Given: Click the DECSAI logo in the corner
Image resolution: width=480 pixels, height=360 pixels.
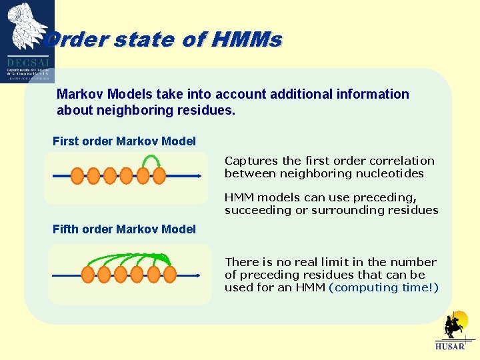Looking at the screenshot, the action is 27,40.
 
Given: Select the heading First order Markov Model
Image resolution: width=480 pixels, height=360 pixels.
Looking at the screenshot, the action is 124,141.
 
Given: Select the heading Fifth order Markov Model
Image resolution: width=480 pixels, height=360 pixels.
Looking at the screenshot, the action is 124,229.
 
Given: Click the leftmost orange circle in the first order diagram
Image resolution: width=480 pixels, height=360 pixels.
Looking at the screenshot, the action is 77,176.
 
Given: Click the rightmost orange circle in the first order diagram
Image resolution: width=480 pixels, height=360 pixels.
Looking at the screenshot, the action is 159,176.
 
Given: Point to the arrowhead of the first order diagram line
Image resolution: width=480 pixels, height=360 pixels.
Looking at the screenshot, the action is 198,176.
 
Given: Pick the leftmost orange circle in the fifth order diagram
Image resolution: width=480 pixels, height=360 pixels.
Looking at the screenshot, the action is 87,275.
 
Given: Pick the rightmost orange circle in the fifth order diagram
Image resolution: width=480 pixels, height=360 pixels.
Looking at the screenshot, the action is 170,275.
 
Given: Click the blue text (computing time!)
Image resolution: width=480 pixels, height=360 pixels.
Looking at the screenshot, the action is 384,287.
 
